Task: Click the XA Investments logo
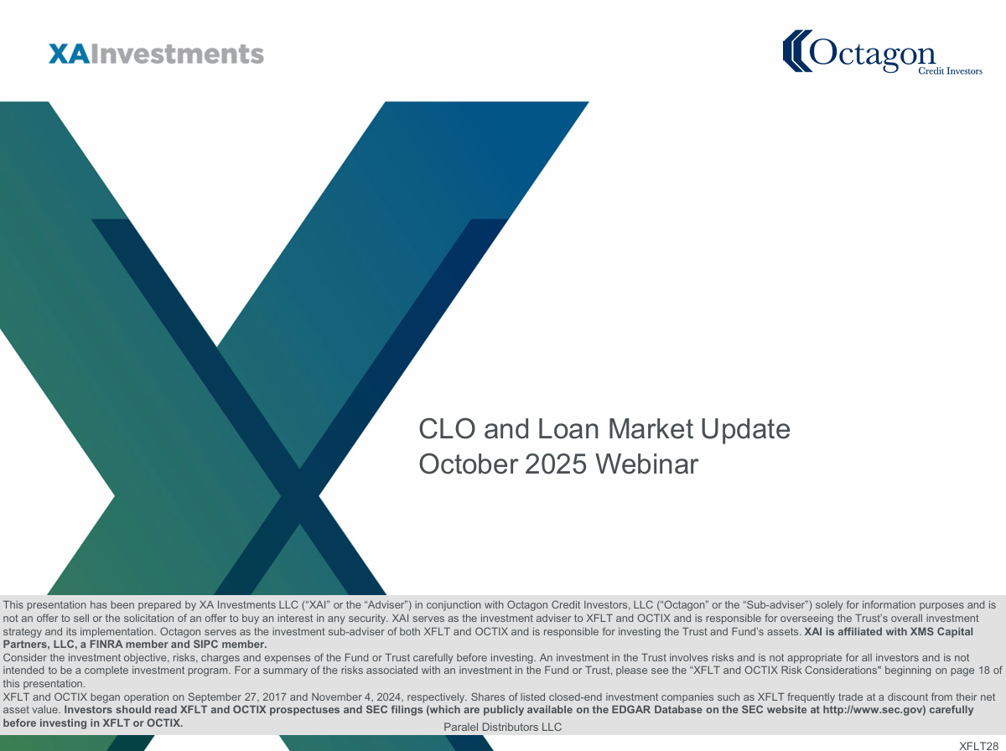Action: pyautogui.click(x=156, y=54)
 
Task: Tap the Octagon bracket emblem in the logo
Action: pyautogui.click(x=797, y=51)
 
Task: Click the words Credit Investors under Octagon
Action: pyautogui.click(x=950, y=71)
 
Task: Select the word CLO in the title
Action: pyautogui.click(x=447, y=429)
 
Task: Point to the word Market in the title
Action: pyautogui.click(x=651, y=429)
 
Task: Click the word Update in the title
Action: pyautogui.click(x=745, y=430)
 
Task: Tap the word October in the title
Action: pyautogui.click(x=468, y=464)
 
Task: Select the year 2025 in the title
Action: pyautogui.click(x=556, y=464)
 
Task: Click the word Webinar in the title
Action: pyautogui.click(x=646, y=464)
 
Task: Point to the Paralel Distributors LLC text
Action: pyautogui.click(x=502, y=728)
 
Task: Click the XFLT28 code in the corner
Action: pyautogui.click(x=978, y=746)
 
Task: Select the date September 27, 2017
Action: pyautogui.click(x=236, y=697)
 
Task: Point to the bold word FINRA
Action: pyautogui.click(x=106, y=645)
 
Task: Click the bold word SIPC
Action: pyautogui.click(x=205, y=645)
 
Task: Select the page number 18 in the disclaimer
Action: pyautogui.click(x=984, y=671)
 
